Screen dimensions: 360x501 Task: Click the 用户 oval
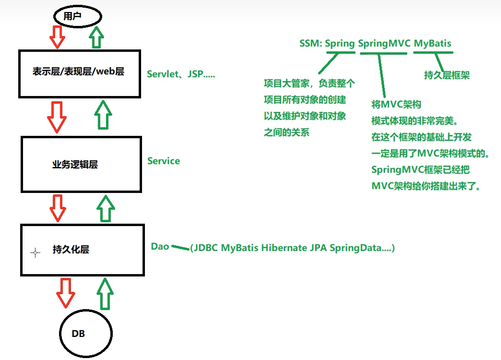[77, 16]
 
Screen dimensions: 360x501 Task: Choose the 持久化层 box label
[71, 250]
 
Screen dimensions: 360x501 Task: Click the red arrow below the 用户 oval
[58, 37]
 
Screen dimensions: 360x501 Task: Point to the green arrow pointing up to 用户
[96, 36]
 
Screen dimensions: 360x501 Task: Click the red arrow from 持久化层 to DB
[65, 292]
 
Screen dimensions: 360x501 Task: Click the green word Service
[164, 161]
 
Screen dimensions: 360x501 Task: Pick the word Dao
[160, 246]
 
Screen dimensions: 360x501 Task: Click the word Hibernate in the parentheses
[284, 248]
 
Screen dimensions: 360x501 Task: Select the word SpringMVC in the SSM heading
[384, 43]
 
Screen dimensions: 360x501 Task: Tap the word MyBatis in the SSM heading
[432, 43]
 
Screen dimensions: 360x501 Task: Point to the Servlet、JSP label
[181, 74]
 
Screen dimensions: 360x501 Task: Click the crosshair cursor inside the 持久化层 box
[35, 253]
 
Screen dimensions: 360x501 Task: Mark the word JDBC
[206, 248]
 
